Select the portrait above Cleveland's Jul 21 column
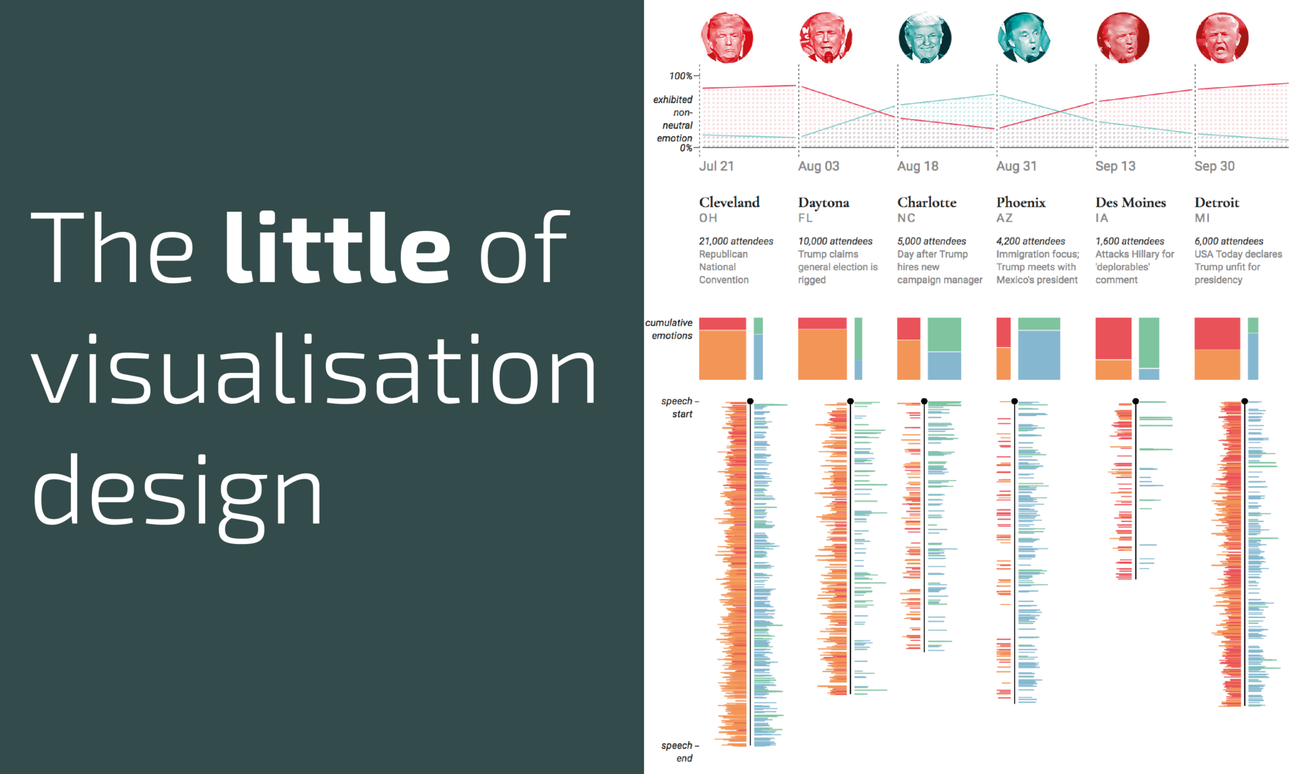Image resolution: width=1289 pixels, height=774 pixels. click(726, 38)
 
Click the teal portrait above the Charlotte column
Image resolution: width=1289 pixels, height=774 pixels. click(925, 38)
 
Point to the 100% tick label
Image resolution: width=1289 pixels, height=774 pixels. click(680, 76)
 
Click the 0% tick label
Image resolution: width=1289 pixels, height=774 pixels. click(685, 148)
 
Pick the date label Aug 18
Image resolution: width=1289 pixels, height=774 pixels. click(918, 166)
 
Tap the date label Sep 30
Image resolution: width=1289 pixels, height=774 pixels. click(1214, 166)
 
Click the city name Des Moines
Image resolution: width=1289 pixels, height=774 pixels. click(1130, 203)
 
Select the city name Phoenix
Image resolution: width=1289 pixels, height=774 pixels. click(1020, 203)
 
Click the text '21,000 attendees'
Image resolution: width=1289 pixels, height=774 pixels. click(736, 241)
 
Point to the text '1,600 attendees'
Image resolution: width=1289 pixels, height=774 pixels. click(1129, 241)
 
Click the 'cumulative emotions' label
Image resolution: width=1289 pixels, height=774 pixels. click(669, 329)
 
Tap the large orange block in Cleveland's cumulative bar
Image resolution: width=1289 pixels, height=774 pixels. click(722, 355)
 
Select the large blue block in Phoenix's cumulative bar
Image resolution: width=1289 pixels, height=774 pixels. click(1039, 355)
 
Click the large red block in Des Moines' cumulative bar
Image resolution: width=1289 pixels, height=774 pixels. click(1113, 338)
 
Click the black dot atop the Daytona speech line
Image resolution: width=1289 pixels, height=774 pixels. click(850, 401)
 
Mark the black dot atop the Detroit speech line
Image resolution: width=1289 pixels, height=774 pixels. click(1244, 401)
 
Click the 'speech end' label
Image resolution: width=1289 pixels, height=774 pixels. click(678, 752)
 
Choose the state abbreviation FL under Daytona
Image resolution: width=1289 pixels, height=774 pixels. click(805, 218)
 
